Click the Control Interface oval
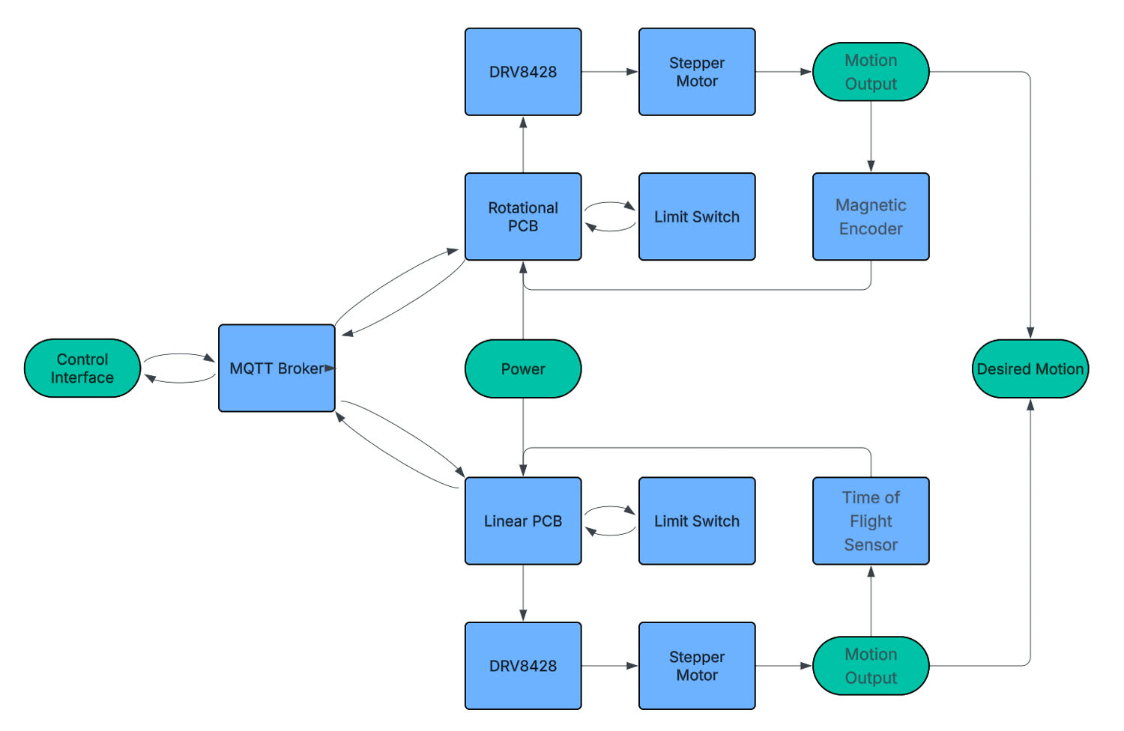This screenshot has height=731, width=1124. click(x=82, y=368)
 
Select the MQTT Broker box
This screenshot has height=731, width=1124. click(x=277, y=368)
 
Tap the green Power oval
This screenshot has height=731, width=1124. click(x=523, y=368)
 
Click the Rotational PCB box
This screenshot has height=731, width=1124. click(x=523, y=217)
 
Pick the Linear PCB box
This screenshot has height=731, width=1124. click(x=523, y=521)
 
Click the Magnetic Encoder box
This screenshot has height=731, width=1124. click(x=871, y=217)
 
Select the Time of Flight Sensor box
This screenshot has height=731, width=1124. click(x=871, y=521)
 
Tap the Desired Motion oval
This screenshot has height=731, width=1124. click(x=1030, y=368)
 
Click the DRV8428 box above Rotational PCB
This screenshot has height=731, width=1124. click(x=523, y=72)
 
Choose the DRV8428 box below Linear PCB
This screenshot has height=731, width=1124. click(x=523, y=666)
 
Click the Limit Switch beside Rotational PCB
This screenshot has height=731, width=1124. click(x=697, y=217)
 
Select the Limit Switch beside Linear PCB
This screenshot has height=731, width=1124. click(x=697, y=521)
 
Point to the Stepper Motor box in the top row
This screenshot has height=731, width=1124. click(x=697, y=72)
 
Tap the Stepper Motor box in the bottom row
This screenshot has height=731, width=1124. click(x=697, y=666)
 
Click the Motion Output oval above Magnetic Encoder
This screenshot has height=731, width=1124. click(x=871, y=72)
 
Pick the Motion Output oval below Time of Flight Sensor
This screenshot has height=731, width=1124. click(x=871, y=666)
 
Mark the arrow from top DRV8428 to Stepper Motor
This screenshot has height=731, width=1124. click(x=609, y=72)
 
